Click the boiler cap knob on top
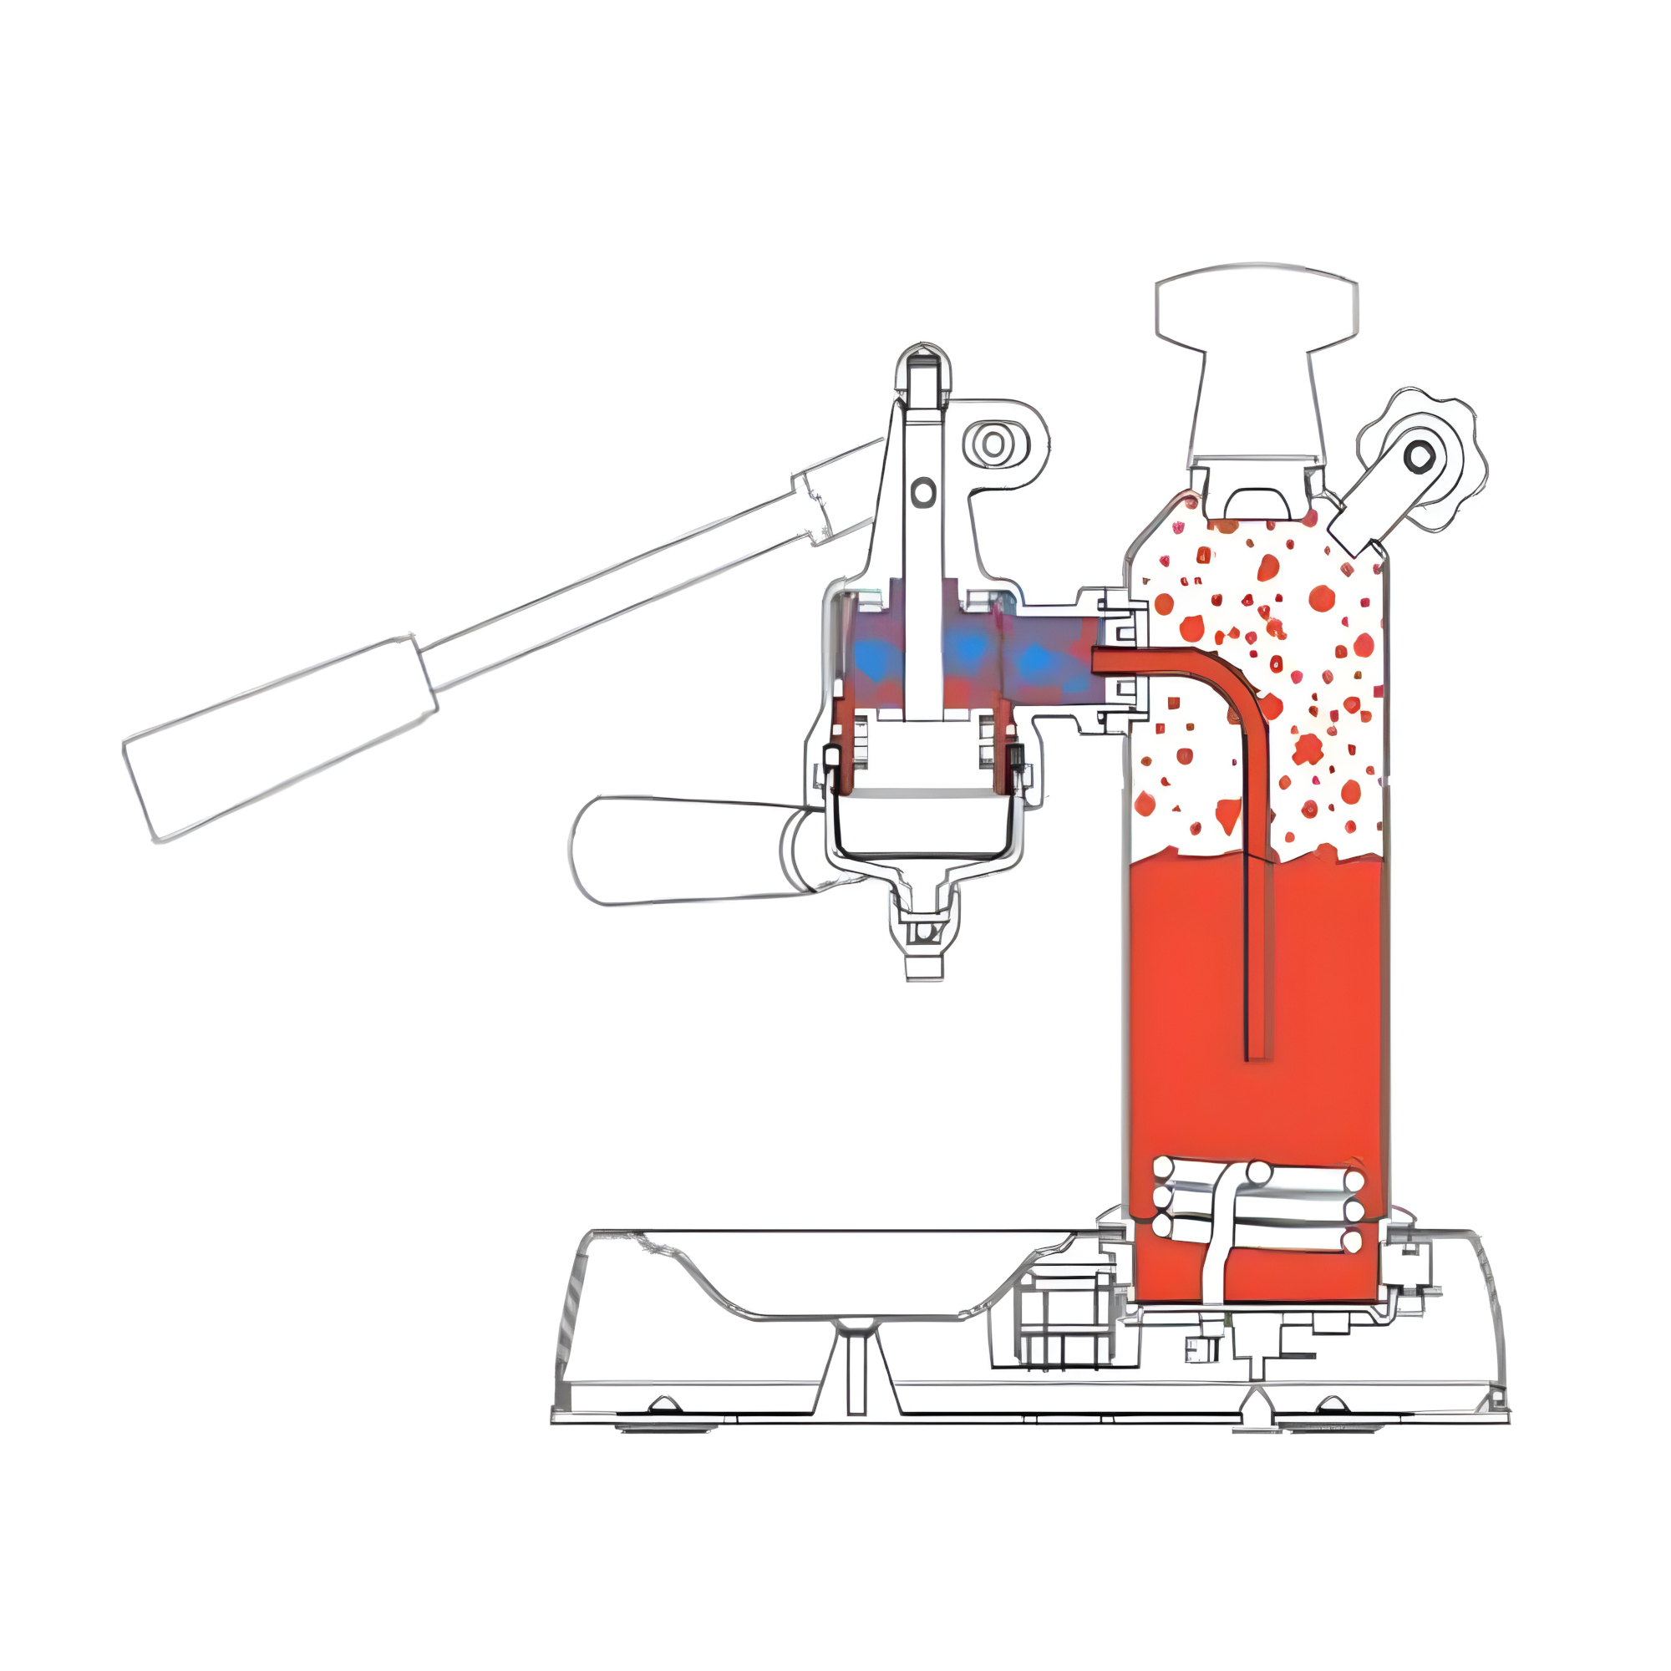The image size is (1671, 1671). pos(1256,304)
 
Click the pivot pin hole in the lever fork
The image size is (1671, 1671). pos(923,492)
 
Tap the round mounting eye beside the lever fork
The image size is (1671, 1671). pos(994,444)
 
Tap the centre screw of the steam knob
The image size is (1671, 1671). pos(1419,454)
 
